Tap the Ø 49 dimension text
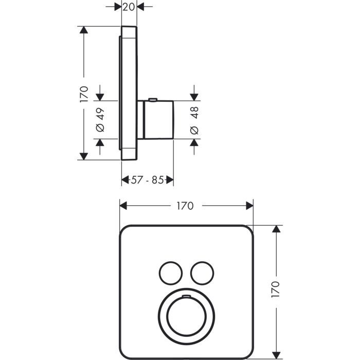point(100,119)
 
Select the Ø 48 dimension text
point(194,120)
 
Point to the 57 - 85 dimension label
point(147,180)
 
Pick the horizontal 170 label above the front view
point(185,206)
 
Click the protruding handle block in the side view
point(158,120)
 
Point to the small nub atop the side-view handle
point(153,99)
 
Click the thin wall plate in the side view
point(129,93)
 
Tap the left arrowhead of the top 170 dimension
point(123,206)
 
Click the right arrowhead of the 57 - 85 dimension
point(170,180)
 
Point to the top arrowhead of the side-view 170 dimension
point(83,30)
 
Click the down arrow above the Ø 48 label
point(194,96)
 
